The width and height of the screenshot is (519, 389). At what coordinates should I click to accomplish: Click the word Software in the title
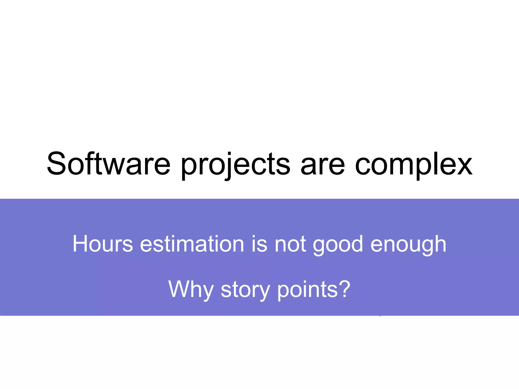108,164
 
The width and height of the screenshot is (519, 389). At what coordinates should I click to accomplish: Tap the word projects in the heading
235,165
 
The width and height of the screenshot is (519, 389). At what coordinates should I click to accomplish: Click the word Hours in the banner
103,244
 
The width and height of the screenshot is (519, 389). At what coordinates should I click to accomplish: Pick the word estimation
192,244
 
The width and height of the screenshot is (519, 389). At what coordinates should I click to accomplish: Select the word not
290,244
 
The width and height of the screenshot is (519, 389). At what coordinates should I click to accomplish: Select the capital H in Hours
80,244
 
